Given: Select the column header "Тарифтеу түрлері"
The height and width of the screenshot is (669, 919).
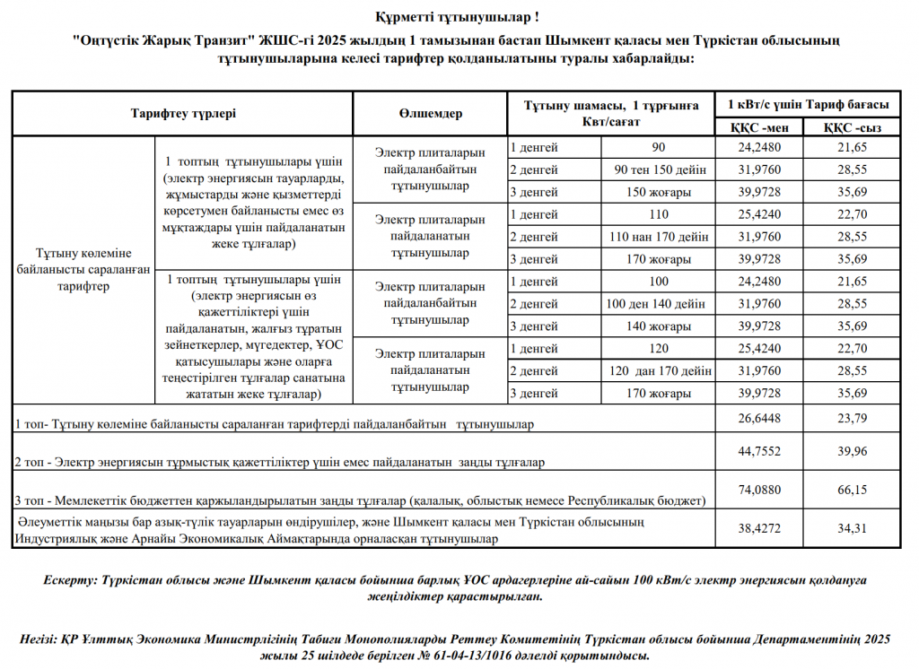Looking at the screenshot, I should click(x=183, y=114).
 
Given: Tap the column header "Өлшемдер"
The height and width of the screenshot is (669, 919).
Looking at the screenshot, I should click(x=430, y=114).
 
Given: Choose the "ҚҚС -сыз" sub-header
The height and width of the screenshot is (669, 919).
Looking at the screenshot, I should click(x=853, y=127).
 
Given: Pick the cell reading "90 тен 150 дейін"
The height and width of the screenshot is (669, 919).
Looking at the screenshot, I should click(x=660, y=169).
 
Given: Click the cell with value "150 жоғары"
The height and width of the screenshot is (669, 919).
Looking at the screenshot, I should click(x=660, y=192).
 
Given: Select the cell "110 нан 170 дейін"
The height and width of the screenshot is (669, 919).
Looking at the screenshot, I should click(x=660, y=237).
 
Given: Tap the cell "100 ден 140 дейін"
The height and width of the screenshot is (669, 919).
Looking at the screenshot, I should click(x=660, y=304).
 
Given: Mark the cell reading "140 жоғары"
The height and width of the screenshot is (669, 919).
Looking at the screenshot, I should click(x=660, y=326).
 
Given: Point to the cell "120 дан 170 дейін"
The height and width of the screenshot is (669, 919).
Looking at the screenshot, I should click(x=660, y=370).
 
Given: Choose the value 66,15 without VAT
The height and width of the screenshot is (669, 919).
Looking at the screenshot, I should click(x=853, y=490).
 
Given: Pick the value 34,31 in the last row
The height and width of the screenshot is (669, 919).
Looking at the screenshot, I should click(x=853, y=529).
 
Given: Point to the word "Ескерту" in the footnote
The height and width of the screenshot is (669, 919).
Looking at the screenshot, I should click(x=70, y=580).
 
